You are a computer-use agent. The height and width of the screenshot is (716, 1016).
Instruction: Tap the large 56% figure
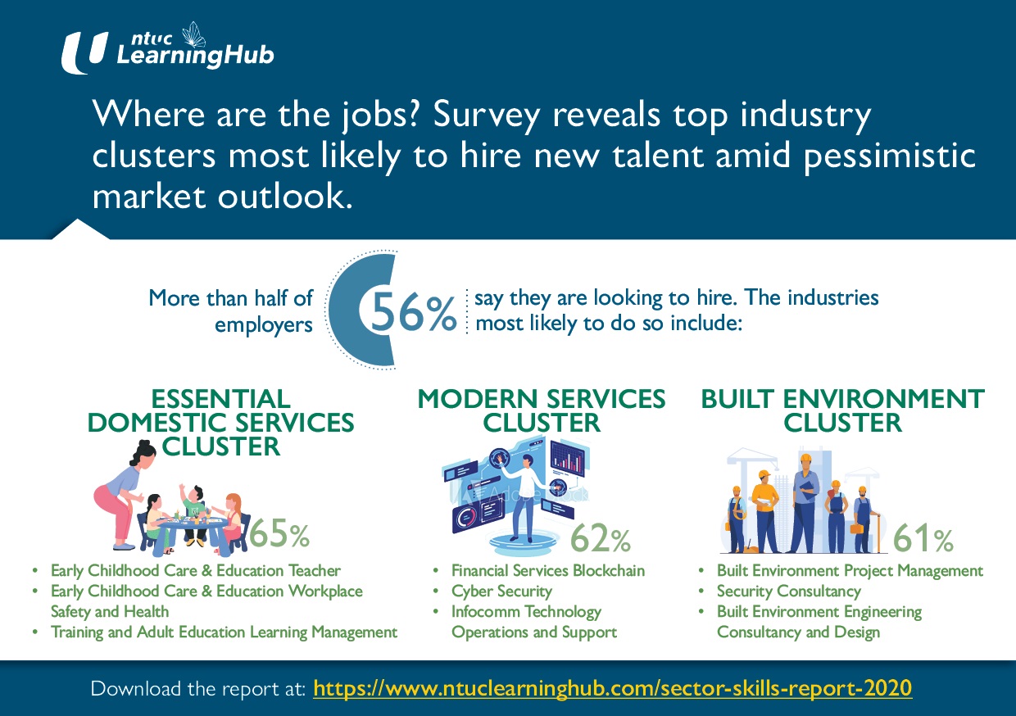[413, 313]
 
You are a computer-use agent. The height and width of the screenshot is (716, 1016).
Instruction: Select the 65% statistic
[279, 535]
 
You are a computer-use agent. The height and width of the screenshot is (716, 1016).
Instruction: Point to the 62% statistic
[600, 539]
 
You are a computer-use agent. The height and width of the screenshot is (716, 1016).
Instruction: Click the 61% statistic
[923, 539]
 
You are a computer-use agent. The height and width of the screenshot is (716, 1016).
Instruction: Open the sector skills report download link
[612, 687]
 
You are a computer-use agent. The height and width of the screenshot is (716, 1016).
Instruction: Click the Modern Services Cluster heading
[542, 410]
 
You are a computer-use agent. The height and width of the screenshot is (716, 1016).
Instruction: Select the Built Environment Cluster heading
[842, 410]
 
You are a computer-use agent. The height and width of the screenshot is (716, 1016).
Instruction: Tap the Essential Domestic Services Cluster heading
[221, 423]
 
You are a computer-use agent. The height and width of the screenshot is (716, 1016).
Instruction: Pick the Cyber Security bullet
[501, 591]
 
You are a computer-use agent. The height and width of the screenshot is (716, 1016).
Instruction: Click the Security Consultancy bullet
[788, 591]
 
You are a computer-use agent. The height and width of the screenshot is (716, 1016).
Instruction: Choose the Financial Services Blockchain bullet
[547, 570]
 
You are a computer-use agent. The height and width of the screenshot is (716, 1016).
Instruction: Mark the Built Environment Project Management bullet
[849, 570]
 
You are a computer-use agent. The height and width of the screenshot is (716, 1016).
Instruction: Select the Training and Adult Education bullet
[224, 632]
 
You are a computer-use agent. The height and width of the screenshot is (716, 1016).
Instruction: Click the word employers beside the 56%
[263, 324]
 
